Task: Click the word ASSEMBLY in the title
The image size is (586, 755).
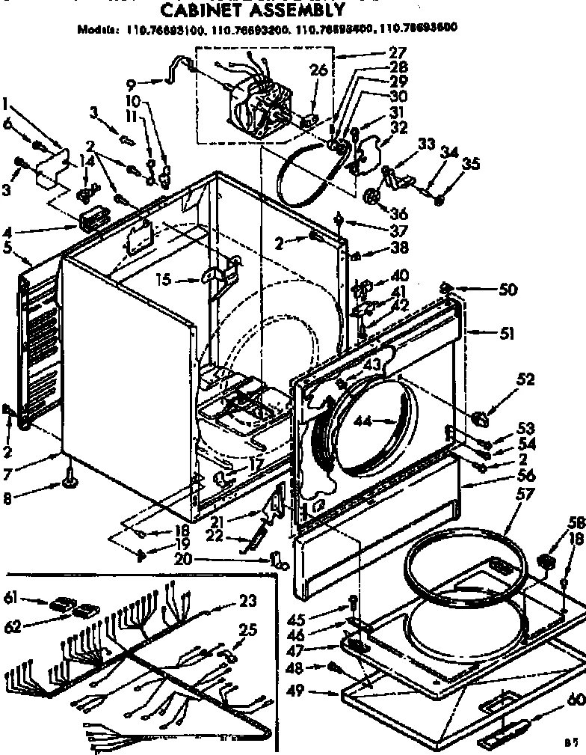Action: (x=299, y=10)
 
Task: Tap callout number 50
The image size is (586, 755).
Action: (x=508, y=290)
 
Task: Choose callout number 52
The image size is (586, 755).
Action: (x=525, y=380)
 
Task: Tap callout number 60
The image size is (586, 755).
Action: (x=574, y=700)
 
